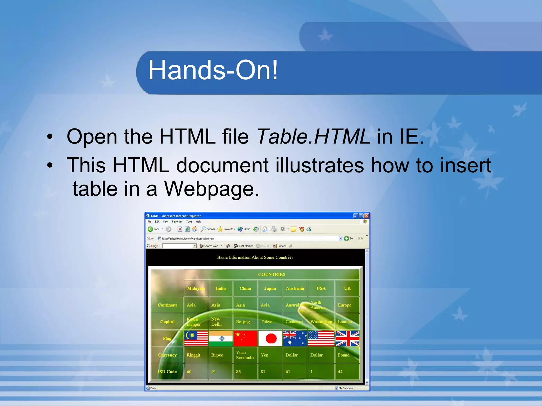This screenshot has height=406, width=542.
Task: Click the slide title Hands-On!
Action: tap(213, 70)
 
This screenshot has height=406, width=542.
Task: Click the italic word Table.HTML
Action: tap(313, 137)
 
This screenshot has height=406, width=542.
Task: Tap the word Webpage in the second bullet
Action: tap(211, 189)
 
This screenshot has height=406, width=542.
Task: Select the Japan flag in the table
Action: tap(270, 338)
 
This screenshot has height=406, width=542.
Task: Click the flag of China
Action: tap(245, 338)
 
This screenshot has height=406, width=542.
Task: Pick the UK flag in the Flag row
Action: tap(347, 338)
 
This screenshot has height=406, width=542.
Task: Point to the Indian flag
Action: tap(221, 338)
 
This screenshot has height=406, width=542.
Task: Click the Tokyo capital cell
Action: tap(267, 322)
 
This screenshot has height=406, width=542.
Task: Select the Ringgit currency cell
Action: tap(193, 355)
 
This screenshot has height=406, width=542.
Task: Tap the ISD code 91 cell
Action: tap(214, 372)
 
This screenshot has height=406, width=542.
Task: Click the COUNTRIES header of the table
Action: tap(272, 275)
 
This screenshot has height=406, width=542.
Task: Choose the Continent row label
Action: tap(167, 305)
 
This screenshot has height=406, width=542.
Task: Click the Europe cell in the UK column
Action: tap(344, 305)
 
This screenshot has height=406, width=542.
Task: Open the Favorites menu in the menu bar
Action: tap(177, 222)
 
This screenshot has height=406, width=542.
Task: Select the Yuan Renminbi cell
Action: tap(245, 355)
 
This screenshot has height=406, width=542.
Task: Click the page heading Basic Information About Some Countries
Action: tap(255, 257)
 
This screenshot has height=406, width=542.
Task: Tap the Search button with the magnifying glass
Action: tap(208, 229)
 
